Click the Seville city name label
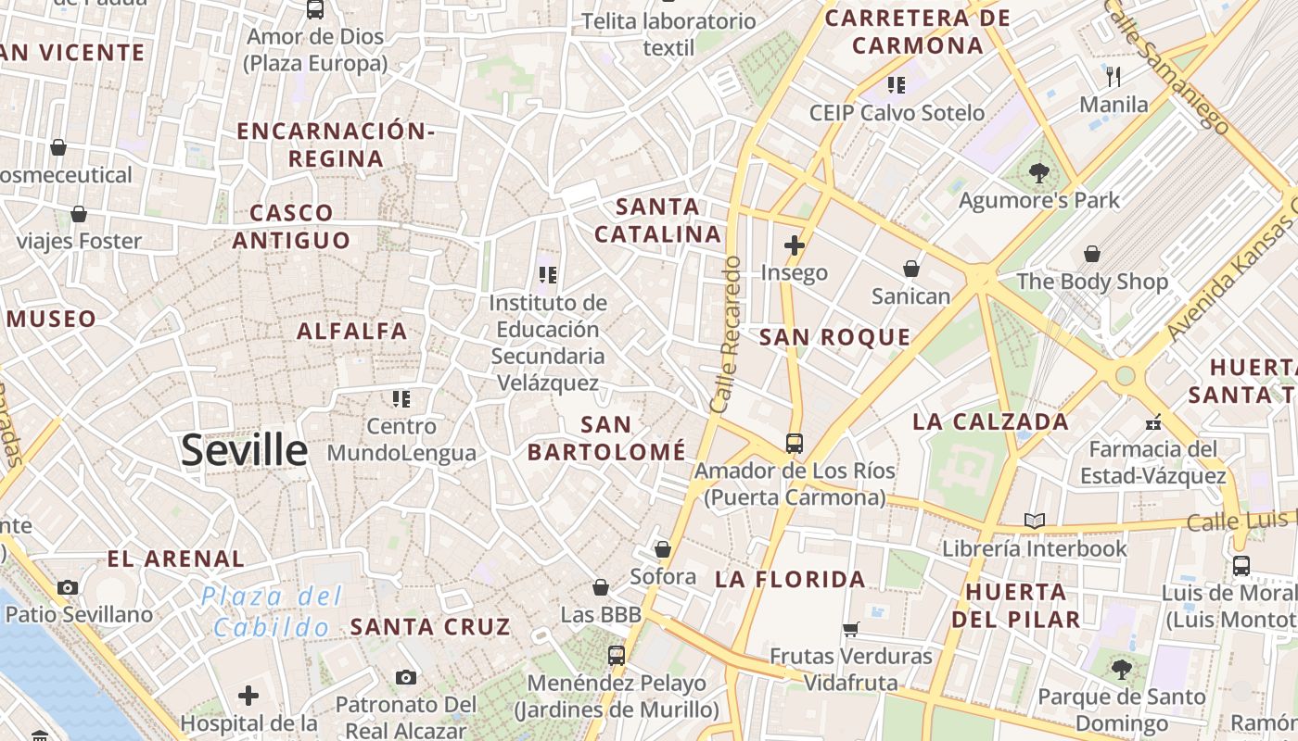coord(244,450)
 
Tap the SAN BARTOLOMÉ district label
coord(606,438)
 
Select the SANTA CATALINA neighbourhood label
coord(657,220)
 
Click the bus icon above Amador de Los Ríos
coord(795,443)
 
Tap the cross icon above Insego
coord(795,245)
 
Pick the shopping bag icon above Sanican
coord(911,269)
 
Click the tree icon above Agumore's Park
coord(1039,172)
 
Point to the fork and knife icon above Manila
coord(1114,76)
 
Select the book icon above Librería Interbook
coord(1035,521)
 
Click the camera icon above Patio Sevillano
coord(68,587)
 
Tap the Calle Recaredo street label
coord(727,334)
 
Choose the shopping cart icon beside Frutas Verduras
coord(850,630)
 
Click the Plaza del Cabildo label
coord(272,611)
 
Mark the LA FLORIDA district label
coord(790,580)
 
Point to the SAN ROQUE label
coord(835,337)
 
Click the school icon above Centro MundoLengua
coord(401,399)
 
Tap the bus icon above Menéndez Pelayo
coord(617,656)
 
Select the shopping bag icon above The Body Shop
coord(1092,254)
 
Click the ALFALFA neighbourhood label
coord(352,331)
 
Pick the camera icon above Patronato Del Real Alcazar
coord(405,677)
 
